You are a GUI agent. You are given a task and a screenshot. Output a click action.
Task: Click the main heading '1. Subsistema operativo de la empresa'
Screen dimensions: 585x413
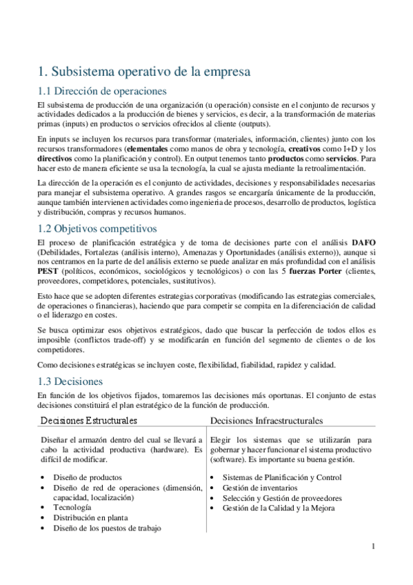pos(143,71)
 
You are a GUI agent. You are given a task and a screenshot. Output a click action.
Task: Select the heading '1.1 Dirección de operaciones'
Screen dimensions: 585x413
pos(101,90)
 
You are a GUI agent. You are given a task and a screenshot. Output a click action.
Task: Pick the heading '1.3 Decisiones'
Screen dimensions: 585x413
pos(70,381)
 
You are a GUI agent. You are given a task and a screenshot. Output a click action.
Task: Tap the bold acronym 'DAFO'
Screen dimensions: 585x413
pos(365,243)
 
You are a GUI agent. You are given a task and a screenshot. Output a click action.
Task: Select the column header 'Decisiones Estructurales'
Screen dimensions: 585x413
pos(89,420)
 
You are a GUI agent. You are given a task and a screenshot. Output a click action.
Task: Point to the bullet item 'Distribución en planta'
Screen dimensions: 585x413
pos(90,517)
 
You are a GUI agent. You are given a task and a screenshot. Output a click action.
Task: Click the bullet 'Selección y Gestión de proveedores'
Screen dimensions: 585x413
pos(282,498)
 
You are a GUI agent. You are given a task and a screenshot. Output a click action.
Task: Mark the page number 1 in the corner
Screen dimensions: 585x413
pos(373,547)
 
